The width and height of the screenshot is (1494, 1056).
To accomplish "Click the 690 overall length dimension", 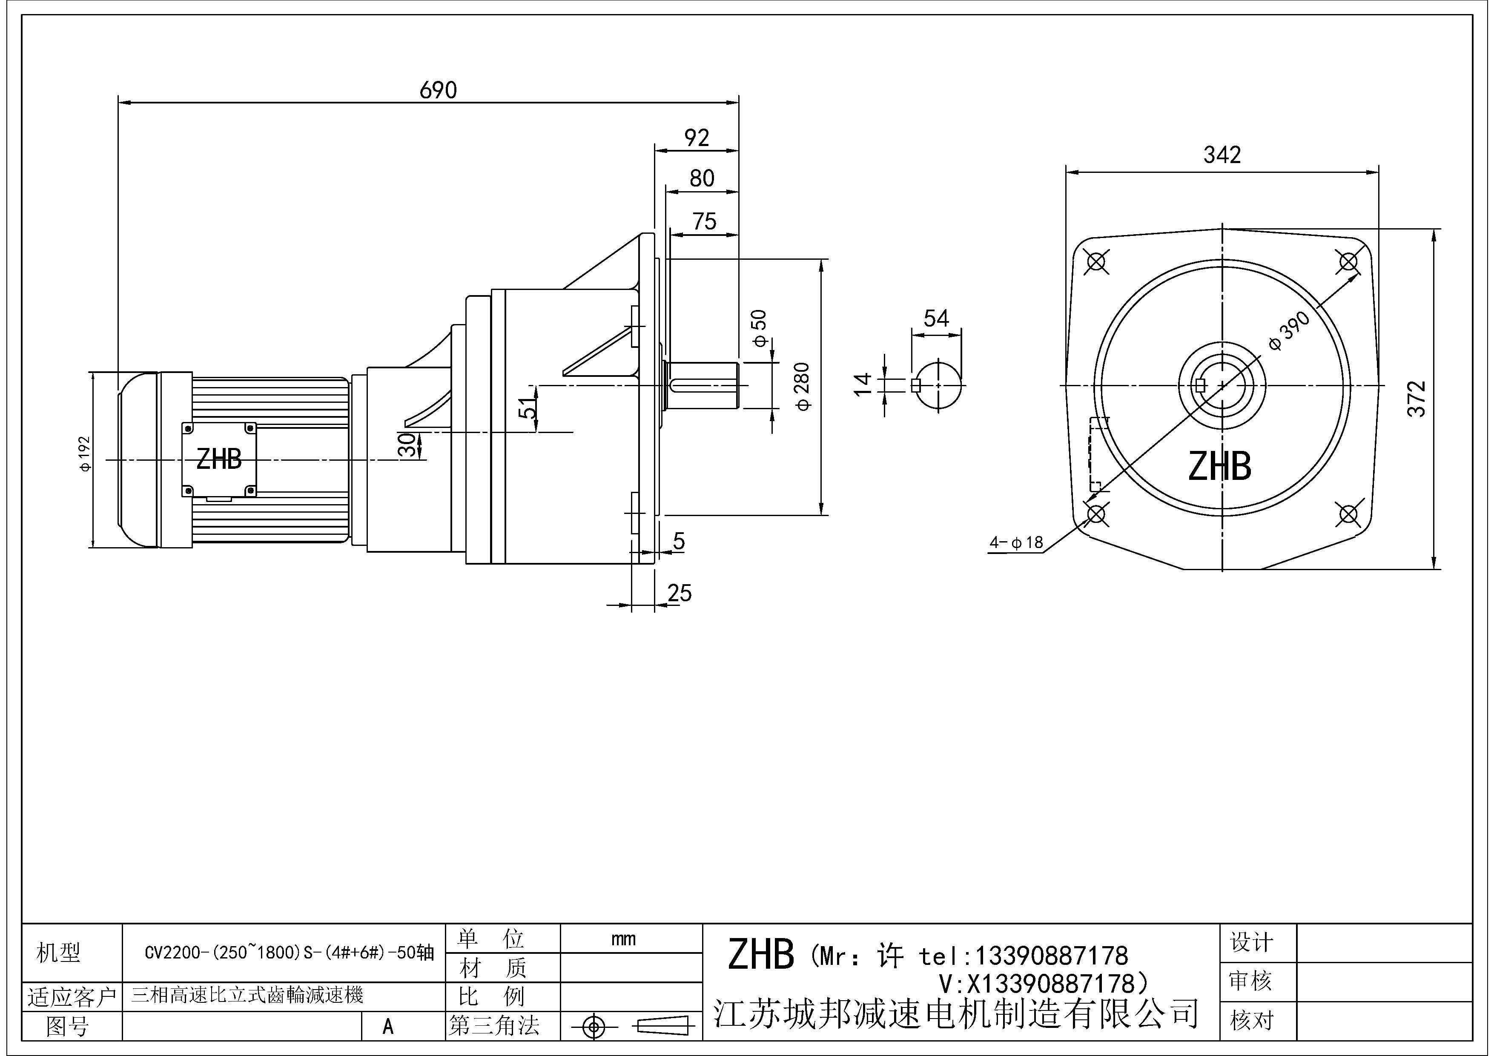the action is click(438, 90).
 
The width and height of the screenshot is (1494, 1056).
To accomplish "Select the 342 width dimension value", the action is click(1222, 155).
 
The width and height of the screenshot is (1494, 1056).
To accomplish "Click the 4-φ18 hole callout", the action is click(1016, 542).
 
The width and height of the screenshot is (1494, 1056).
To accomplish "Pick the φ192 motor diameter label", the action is click(85, 453).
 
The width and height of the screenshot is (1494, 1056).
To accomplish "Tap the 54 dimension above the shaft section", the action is click(936, 318).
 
